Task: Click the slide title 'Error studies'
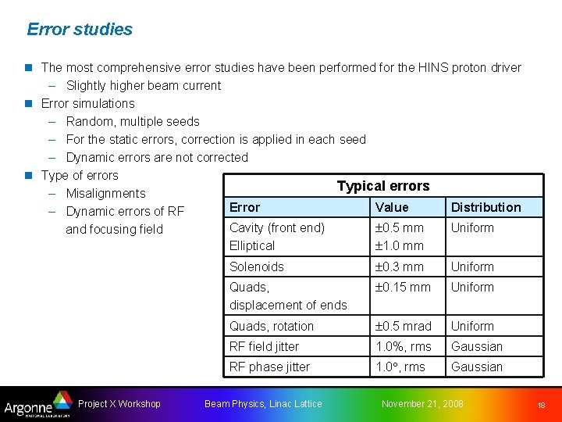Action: (x=80, y=30)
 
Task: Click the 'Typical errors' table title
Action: (x=382, y=186)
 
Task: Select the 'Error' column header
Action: (x=244, y=207)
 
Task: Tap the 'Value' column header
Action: (x=391, y=207)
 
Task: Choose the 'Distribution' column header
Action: (x=486, y=207)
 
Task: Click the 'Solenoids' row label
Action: (x=256, y=266)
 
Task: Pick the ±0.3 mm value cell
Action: (x=399, y=266)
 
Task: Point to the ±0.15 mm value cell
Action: (x=402, y=287)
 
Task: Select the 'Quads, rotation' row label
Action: (x=271, y=326)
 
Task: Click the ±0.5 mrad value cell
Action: (x=403, y=326)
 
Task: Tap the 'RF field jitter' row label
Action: (x=264, y=346)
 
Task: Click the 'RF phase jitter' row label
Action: (x=269, y=367)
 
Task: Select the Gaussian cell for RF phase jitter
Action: (x=476, y=367)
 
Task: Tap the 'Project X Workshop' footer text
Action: (x=119, y=404)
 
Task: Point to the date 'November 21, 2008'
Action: (x=421, y=404)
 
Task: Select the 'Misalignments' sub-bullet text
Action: (x=105, y=193)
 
